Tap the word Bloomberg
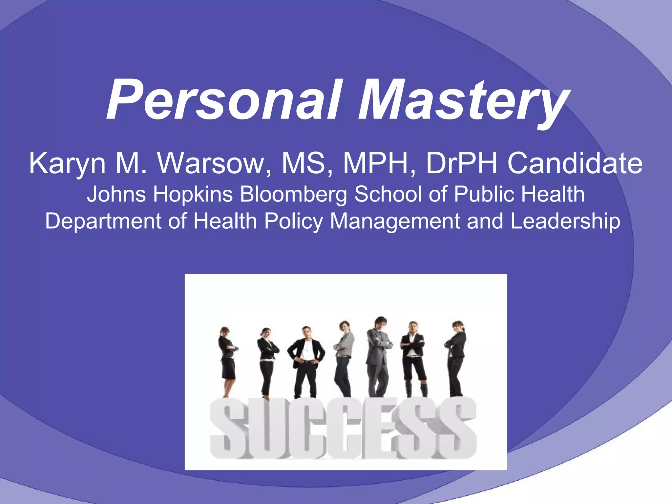tap(293, 194)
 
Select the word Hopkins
tap(193, 194)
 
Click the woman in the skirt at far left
tap(227, 358)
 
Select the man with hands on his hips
tap(306, 358)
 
